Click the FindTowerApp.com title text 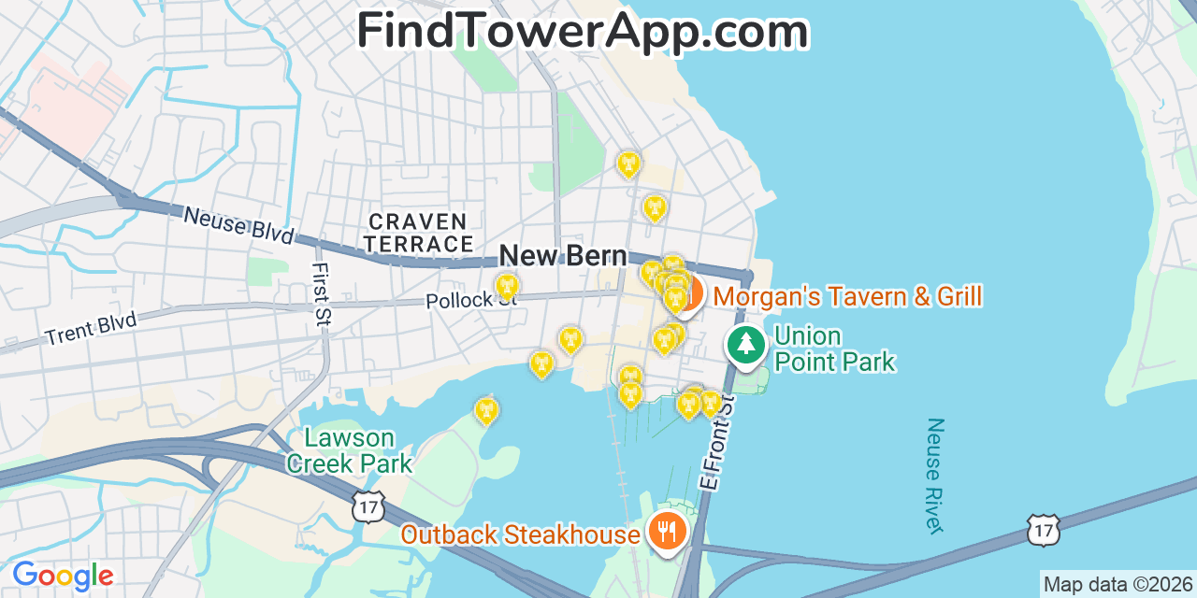(582, 32)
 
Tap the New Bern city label (563, 255)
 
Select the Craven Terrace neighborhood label (418, 233)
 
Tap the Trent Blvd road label (90, 329)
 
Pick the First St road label (322, 293)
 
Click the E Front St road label (717, 442)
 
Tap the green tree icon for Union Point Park (745, 344)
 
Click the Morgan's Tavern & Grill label (847, 297)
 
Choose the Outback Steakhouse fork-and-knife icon (666, 532)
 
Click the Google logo (63, 575)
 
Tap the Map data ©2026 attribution (1118, 585)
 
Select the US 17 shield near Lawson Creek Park (367, 506)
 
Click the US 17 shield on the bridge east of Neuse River (1043, 530)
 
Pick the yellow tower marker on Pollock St (507, 286)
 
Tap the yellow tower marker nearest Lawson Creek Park (486, 409)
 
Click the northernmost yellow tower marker (629, 164)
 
